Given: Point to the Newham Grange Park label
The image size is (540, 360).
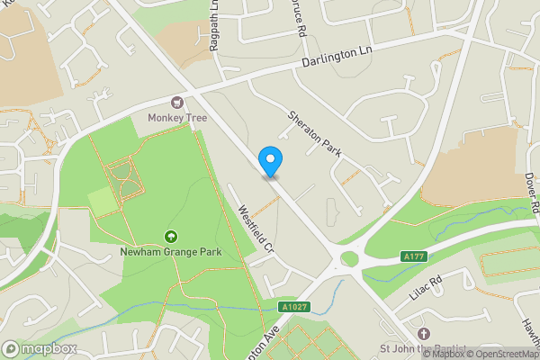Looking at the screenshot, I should [x=170, y=252].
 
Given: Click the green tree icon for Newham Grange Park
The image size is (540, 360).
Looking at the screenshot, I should [x=170, y=236].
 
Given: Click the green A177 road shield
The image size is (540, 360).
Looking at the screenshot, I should [x=412, y=257].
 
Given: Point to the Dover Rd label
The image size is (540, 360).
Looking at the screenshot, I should [x=531, y=193].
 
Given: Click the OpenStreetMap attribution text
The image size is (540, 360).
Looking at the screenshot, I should [x=497, y=354].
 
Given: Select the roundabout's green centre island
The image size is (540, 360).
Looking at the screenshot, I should [x=349, y=259].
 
